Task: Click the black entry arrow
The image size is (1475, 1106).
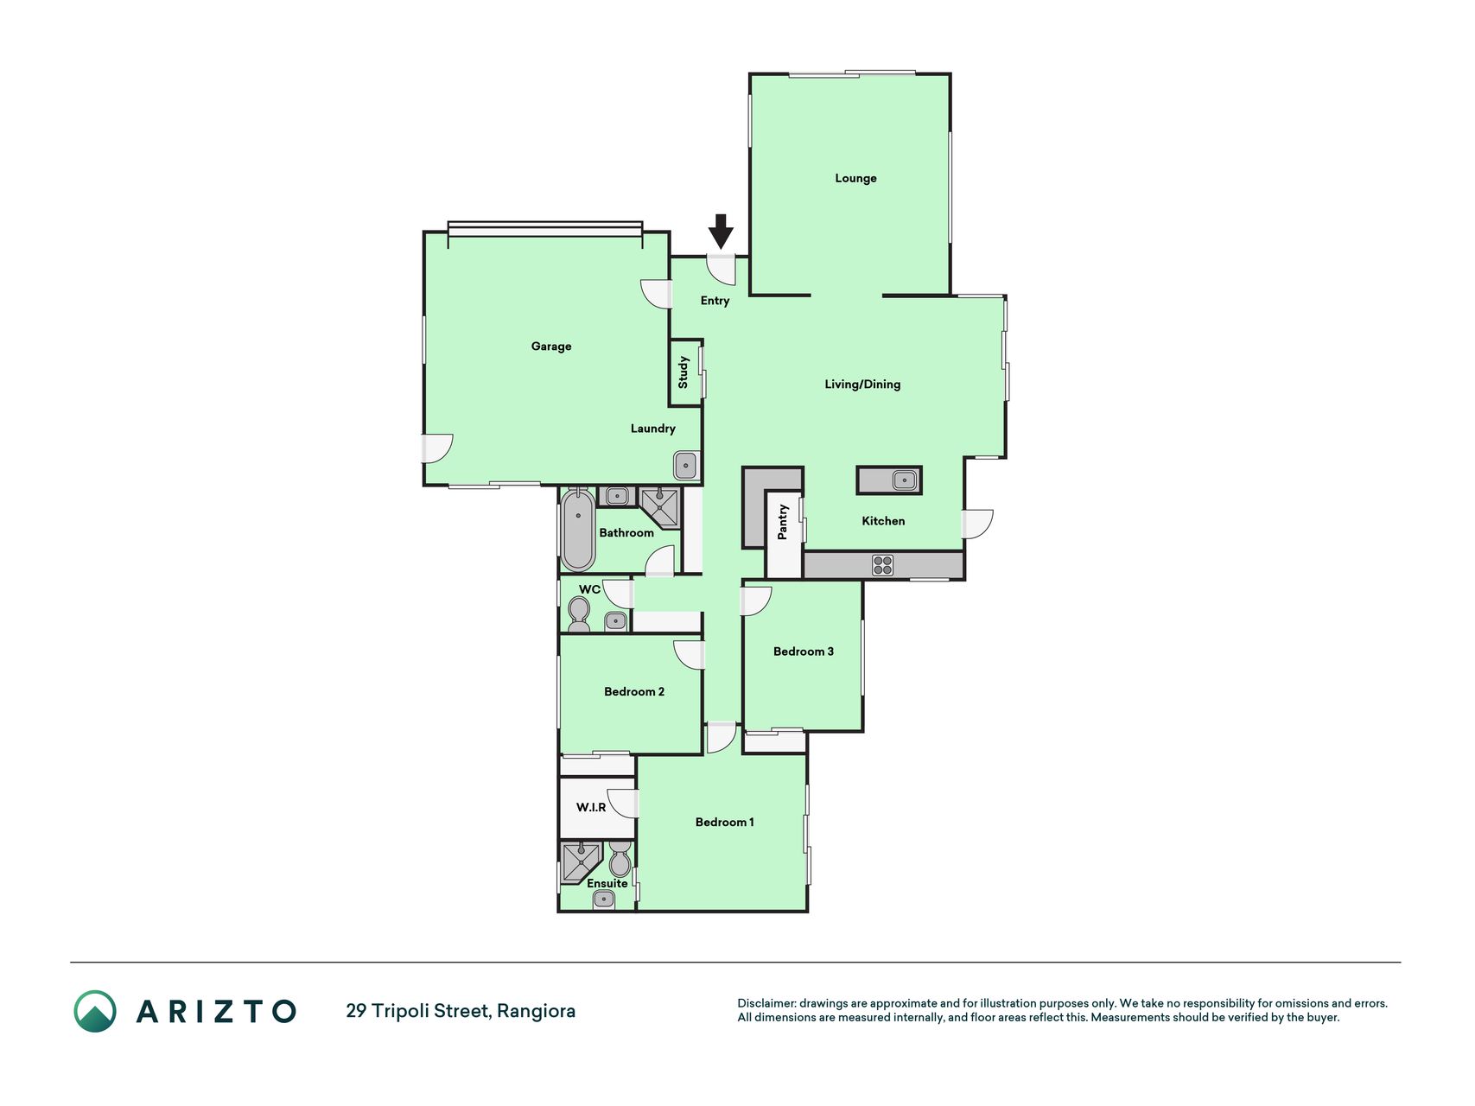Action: click(721, 232)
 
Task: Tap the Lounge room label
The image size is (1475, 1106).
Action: click(855, 178)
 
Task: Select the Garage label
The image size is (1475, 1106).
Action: click(551, 346)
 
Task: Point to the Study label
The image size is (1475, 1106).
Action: click(683, 372)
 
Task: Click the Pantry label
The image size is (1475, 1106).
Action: click(783, 523)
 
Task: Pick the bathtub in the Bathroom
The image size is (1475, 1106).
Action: click(577, 529)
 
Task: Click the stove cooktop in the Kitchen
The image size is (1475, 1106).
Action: click(882, 565)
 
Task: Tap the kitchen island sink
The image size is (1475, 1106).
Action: click(905, 480)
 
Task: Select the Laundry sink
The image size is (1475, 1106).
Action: click(686, 466)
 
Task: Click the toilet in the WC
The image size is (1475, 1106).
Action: click(579, 614)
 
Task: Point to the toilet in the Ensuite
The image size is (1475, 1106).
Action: click(620, 860)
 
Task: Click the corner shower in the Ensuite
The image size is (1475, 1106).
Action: click(581, 863)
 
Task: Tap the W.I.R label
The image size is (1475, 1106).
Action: click(591, 807)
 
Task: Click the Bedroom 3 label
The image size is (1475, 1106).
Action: click(804, 652)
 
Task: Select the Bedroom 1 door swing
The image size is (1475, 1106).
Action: click(722, 737)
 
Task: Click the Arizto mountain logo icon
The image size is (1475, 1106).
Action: click(95, 1011)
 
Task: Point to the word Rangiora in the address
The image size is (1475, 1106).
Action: click(537, 1011)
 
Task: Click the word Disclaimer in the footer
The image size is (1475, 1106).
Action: click(766, 1003)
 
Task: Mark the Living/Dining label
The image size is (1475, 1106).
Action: click(862, 385)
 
